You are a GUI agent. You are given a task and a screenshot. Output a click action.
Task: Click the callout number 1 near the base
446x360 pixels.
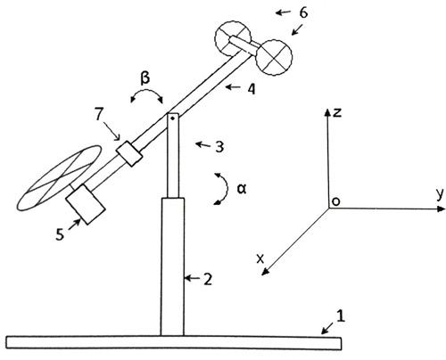coord(341,316)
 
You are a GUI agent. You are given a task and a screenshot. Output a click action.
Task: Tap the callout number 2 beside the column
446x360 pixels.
coord(208,279)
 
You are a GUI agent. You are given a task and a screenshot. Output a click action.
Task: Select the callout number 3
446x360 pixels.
coord(219,147)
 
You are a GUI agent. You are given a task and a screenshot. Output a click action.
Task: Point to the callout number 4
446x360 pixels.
coord(252,89)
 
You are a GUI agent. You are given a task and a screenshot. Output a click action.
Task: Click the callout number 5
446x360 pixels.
coord(60,234)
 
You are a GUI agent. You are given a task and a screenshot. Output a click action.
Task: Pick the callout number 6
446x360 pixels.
coord(303,12)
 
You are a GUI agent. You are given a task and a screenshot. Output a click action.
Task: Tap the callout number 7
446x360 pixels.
coord(99,115)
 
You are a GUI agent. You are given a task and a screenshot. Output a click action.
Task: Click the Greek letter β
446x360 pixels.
coord(145,78)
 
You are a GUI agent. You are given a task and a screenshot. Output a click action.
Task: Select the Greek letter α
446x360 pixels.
coord(242,189)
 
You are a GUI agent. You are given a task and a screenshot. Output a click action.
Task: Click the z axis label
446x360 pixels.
coord(337,112)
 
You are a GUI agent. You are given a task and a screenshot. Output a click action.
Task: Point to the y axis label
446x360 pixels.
coord(441,194)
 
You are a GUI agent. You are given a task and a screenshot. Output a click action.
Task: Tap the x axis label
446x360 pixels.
coord(260,259)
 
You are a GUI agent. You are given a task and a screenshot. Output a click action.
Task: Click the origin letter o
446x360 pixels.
coord(335,201)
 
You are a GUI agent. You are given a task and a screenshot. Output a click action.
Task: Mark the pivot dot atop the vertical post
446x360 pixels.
coord(172,119)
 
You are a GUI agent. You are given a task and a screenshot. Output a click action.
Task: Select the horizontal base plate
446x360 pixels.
coord(174,342)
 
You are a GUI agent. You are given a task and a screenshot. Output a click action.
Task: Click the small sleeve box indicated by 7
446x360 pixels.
coord(129,153)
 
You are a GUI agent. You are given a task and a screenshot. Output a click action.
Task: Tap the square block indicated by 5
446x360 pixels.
coord(86,204)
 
